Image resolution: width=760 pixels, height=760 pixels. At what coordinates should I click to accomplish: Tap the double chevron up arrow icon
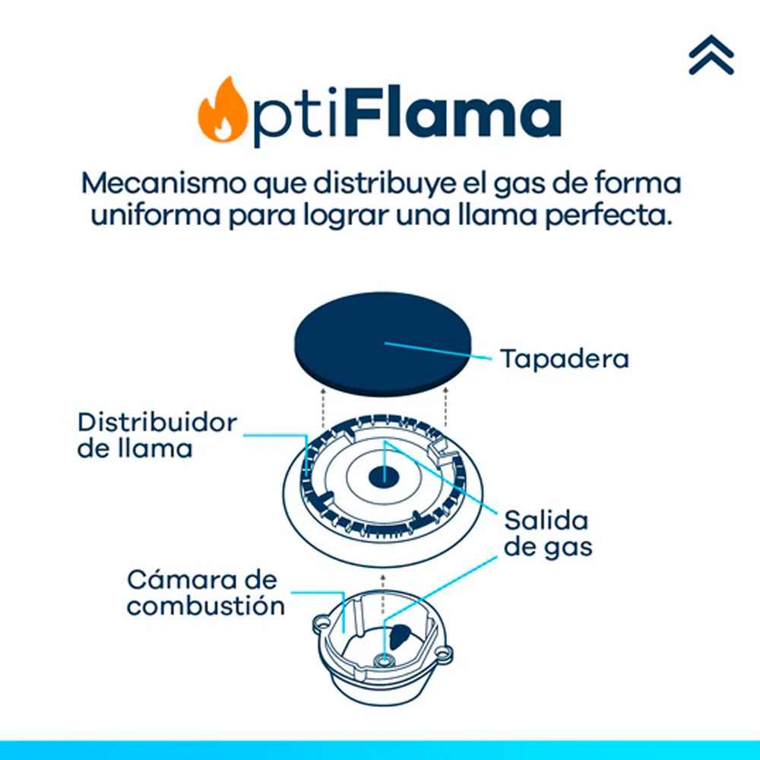[711, 55]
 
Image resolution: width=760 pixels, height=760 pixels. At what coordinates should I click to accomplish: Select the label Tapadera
[564, 358]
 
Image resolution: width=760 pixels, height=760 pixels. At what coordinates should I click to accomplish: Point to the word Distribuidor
[157, 423]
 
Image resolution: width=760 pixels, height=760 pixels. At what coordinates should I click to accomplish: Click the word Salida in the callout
[546, 521]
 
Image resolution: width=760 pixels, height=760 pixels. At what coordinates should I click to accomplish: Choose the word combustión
[206, 606]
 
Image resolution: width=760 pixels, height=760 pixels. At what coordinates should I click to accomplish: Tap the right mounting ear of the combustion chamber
[444, 651]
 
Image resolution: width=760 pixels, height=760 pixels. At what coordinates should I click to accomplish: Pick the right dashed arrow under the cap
[445, 404]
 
